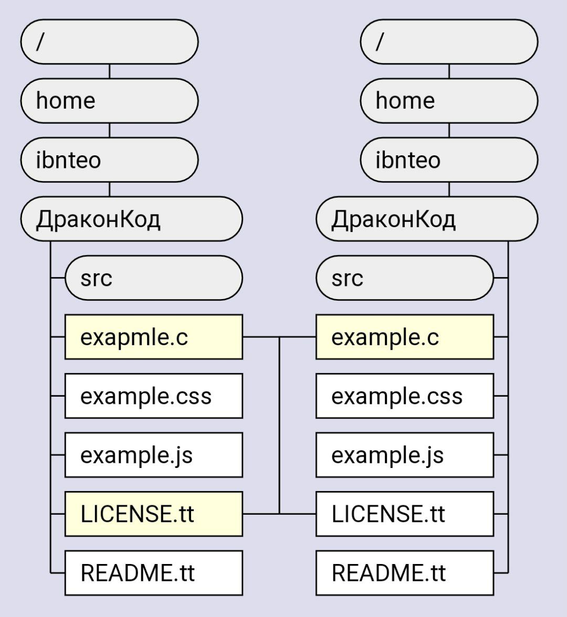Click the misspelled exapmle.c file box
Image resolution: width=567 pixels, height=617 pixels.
(x=153, y=337)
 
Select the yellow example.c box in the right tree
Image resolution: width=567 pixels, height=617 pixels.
(x=404, y=337)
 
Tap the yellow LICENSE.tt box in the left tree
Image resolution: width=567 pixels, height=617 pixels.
(x=153, y=514)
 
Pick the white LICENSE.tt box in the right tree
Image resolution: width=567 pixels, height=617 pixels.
(x=404, y=514)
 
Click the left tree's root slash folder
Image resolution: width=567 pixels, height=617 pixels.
(x=109, y=42)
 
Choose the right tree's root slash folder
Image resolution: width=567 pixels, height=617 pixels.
(x=449, y=42)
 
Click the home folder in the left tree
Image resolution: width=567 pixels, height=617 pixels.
(x=109, y=101)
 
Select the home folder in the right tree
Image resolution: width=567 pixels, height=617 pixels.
(x=449, y=101)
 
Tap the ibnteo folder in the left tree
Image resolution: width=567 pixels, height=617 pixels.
(x=109, y=159)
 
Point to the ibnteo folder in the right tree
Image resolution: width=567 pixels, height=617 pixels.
(x=449, y=159)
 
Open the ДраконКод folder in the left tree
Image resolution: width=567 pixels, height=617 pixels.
(x=131, y=219)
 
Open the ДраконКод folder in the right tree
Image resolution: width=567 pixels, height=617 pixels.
(x=426, y=219)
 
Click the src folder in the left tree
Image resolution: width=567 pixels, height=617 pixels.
(x=153, y=278)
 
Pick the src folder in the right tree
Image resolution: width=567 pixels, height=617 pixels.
(x=404, y=278)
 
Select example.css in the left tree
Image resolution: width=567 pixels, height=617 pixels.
(x=153, y=396)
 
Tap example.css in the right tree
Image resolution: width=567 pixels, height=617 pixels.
(x=404, y=396)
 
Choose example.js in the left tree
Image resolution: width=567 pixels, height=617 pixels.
(x=153, y=455)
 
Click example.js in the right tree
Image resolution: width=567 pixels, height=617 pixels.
(x=404, y=455)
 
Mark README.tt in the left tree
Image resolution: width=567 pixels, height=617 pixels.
(x=153, y=572)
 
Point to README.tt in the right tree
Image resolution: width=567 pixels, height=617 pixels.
(x=404, y=572)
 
